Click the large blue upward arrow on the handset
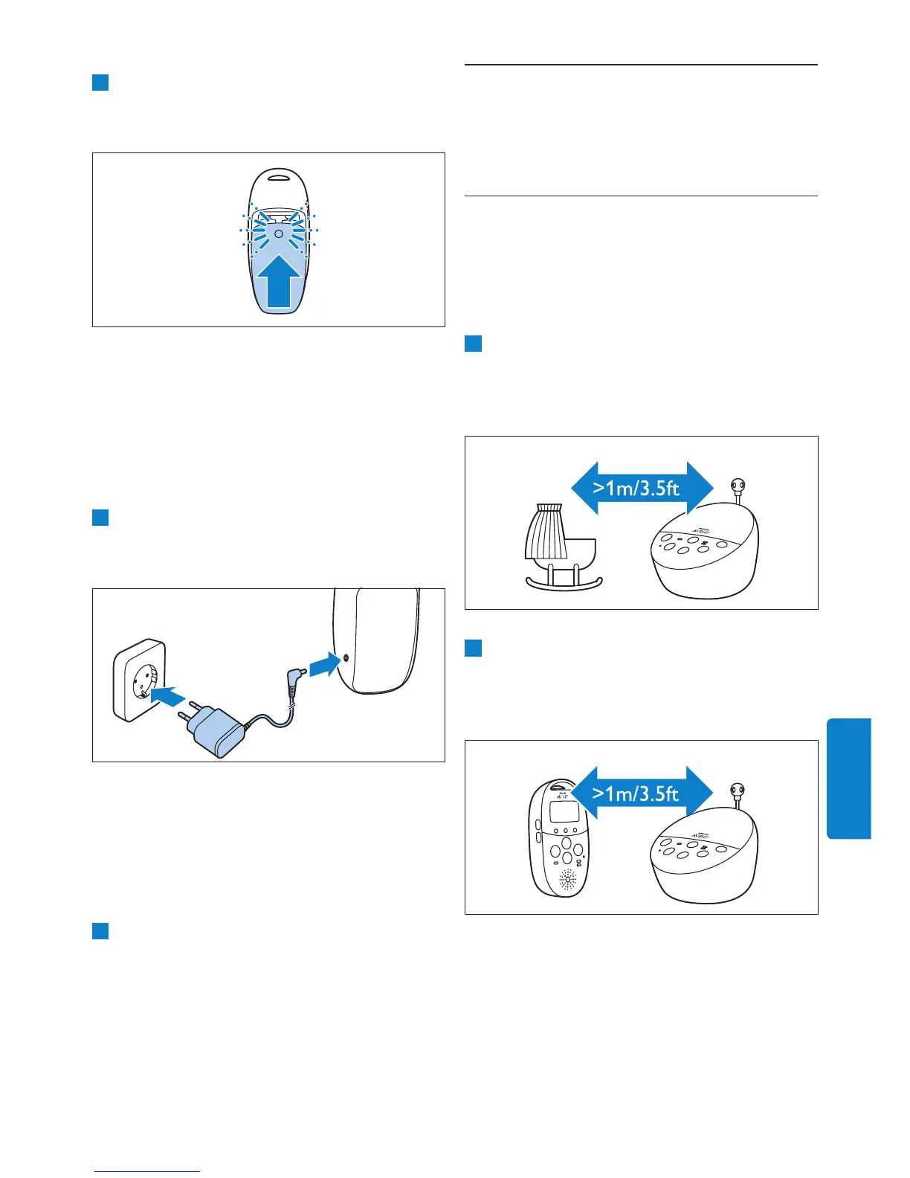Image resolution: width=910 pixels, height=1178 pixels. pos(279,281)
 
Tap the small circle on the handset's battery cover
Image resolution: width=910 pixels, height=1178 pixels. pos(278,234)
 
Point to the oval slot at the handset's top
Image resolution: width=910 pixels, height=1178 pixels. pos(278,177)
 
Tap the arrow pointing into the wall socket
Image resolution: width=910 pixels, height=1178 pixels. pos(167,696)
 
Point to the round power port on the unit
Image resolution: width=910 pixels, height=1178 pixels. pos(346,658)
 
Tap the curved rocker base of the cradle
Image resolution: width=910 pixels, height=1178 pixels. pos(564,584)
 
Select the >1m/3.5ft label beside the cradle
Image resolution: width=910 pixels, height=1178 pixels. pos(637,488)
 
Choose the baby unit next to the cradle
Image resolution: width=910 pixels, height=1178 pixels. pos(704,550)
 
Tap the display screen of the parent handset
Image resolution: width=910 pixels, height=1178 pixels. pos(564,812)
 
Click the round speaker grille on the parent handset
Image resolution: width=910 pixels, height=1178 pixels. pos(567,881)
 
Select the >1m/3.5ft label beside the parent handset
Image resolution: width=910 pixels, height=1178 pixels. pos(636,793)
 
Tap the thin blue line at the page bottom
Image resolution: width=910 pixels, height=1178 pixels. pos(147,1171)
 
